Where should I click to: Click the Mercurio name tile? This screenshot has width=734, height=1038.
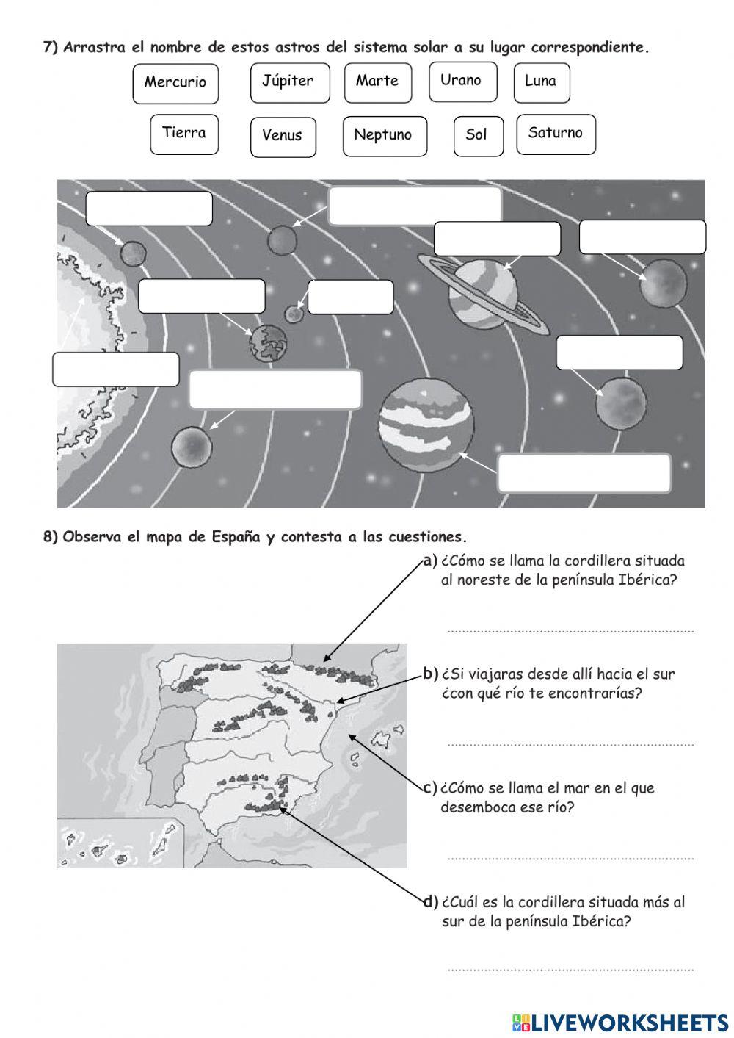(x=175, y=83)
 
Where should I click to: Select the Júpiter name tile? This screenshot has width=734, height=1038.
(x=287, y=82)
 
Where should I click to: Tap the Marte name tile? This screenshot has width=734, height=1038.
(x=377, y=82)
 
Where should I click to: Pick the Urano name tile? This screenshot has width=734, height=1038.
(x=462, y=81)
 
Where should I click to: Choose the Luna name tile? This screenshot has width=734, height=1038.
(x=541, y=82)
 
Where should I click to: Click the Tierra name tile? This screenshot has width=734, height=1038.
(x=183, y=134)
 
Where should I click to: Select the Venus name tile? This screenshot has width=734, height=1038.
(x=283, y=136)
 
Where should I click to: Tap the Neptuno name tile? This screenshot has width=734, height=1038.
(x=384, y=135)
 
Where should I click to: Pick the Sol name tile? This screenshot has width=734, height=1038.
(x=477, y=135)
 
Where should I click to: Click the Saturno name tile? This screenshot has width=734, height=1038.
(x=555, y=134)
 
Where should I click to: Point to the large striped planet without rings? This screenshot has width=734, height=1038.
(x=426, y=424)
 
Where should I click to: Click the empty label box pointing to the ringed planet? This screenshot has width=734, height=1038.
(x=497, y=239)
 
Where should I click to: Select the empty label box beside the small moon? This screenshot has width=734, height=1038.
(x=350, y=297)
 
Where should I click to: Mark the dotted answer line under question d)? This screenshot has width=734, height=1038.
(x=570, y=969)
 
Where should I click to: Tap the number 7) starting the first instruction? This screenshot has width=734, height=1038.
(x=50, y=48)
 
